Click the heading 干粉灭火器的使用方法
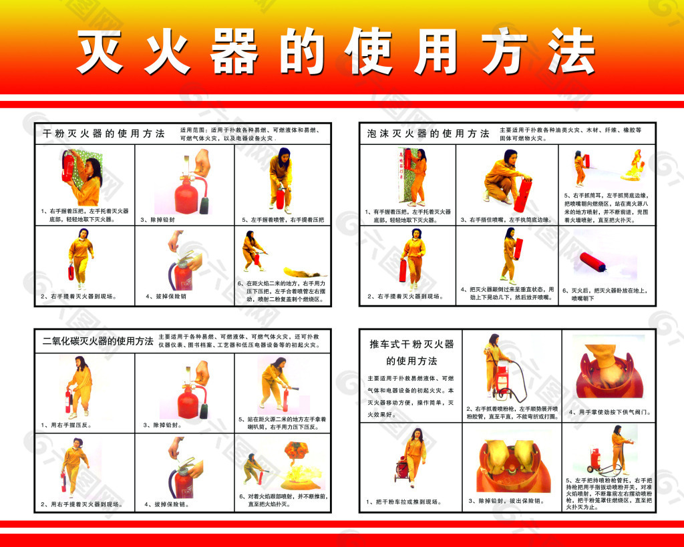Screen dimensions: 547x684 point(104,133)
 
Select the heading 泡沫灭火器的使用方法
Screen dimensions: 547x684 point(428,134)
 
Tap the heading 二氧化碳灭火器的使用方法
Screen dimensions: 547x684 point(98,341)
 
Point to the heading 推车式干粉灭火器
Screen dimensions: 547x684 point(411,345)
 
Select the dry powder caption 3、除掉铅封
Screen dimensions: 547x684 point(158,219)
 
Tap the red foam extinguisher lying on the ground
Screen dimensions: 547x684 point(593,262)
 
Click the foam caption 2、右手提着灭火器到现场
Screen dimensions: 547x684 point(405,296)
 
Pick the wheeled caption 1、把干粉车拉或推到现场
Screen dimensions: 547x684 point(404,501)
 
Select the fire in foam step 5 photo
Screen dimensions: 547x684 point(631,166)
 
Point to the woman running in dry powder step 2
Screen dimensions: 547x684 point(81,256)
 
